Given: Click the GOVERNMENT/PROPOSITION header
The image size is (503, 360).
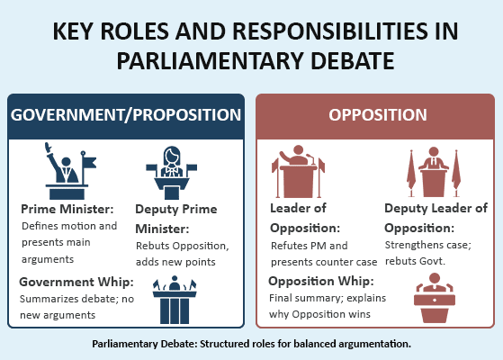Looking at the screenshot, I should click(125, 115).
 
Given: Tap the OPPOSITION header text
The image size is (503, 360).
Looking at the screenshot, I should click(377, 115).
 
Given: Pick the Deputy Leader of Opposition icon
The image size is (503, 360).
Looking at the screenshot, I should click(434, 171).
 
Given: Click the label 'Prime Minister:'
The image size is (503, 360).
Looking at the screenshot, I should click(63, 209).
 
